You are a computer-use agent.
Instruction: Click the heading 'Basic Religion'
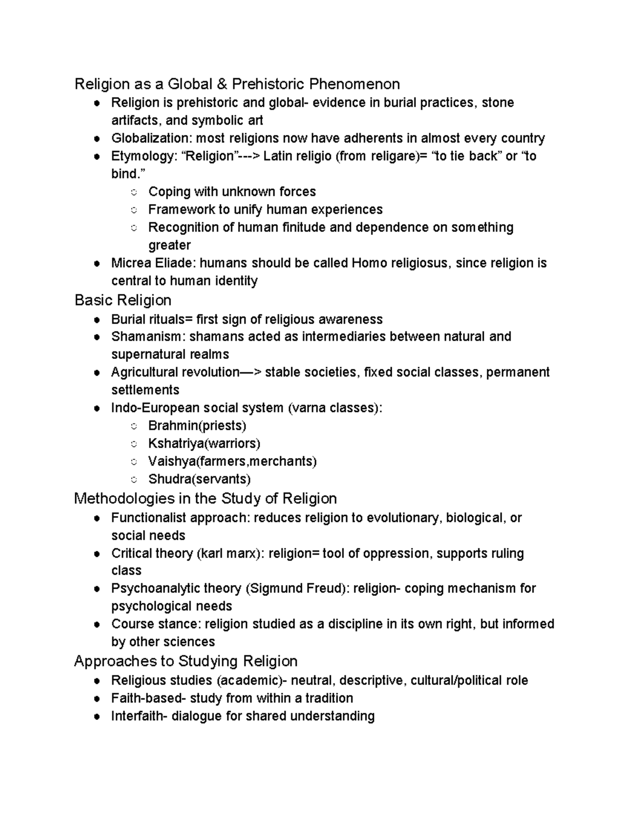[123, 300]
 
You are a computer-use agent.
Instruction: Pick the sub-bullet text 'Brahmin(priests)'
[197, 426]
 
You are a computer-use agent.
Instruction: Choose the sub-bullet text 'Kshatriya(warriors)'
[204, 443]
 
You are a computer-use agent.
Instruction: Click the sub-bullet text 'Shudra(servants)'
[199, 479]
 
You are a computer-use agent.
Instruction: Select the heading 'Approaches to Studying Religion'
[186, 661]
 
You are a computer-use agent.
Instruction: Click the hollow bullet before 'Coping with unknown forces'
[134, 193]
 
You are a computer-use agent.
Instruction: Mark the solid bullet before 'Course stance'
[96, 625]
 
